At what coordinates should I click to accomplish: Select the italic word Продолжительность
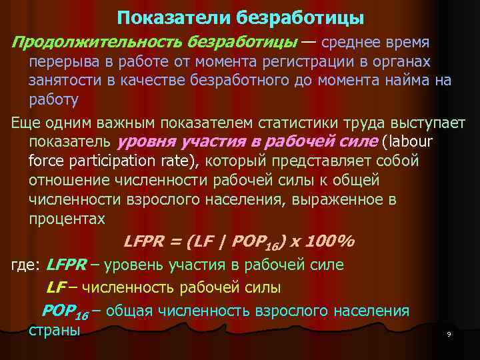(x=98, y=42)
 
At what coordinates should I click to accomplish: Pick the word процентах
(x=67, y=219)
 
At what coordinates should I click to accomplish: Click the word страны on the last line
(x=55, y=330)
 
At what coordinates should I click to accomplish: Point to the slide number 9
(x=449, y=334)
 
